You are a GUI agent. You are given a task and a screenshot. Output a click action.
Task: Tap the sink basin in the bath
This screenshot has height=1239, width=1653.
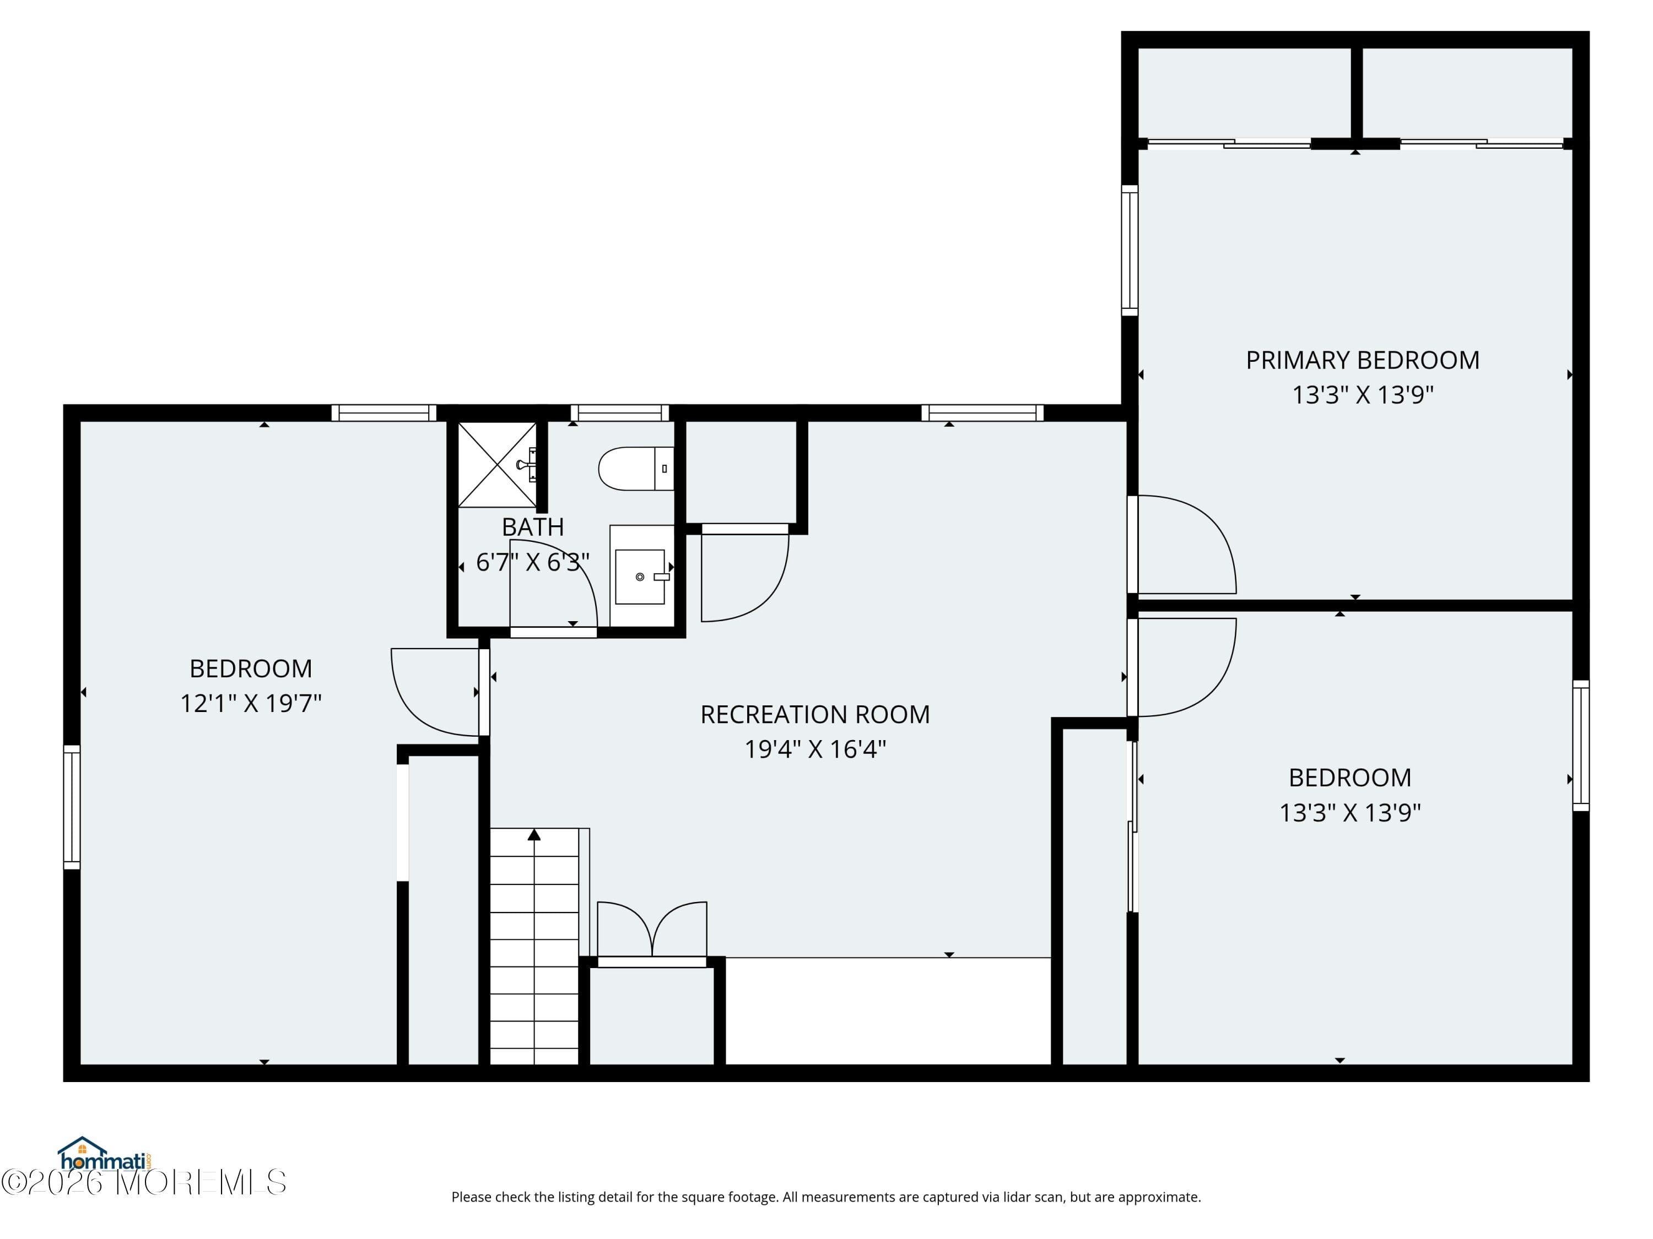pos(640,576)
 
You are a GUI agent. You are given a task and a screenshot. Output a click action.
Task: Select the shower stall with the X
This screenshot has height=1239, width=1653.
pos(497,465)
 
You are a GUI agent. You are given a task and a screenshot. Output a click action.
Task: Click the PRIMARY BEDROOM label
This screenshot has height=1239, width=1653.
pos(1362,360)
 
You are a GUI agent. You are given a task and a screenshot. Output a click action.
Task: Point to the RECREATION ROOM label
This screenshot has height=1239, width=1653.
pos(814,714)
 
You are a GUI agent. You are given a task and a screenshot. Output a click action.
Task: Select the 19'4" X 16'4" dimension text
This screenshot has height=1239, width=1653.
pos(814,748)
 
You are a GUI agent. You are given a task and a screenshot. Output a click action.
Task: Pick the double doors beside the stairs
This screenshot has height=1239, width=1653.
pos(652,932)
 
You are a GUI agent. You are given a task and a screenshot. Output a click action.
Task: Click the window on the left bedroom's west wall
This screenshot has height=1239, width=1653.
pos(72,807)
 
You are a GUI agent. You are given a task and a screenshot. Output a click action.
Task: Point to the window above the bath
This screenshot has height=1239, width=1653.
pos(619,412)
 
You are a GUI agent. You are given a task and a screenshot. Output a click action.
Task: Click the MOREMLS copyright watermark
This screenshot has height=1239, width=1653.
pos(143,1182)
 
